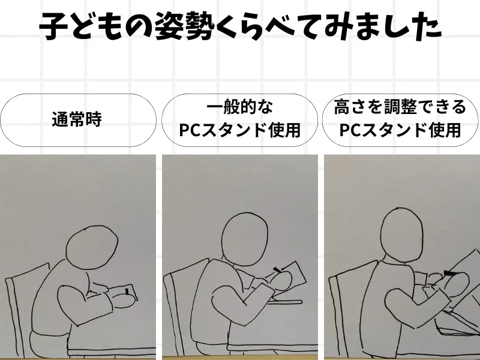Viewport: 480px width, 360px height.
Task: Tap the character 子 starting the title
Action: point(53,26)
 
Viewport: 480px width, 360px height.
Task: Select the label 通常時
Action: point(77,119)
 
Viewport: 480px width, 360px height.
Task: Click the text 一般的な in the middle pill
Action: point(239,107)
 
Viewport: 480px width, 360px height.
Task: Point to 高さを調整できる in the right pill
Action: point(400,107)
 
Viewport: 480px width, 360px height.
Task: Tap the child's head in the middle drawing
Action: point(245,238)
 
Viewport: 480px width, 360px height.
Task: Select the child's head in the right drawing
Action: point(402,235)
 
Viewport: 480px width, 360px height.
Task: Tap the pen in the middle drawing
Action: point(277,269)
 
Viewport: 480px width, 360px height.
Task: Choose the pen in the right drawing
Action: point(451,272)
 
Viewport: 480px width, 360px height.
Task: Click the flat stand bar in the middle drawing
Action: point(284,302)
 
